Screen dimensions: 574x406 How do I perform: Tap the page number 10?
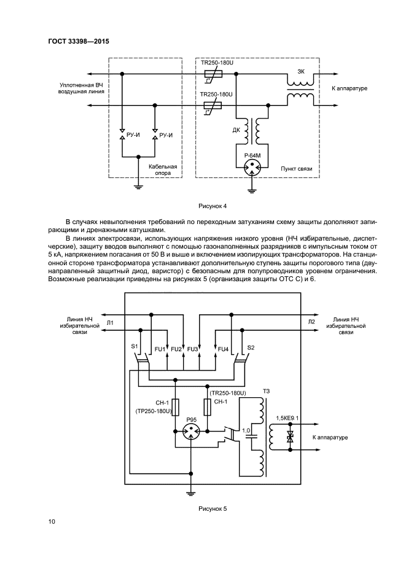[x=53, y=521]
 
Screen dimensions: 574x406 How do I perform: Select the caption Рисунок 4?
[x=212, y=205]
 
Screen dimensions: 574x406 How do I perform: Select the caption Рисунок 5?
[x=212, y=508]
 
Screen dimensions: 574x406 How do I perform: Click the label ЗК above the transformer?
[x=300, y=71]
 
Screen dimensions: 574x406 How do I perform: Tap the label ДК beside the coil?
[x=236, y=130]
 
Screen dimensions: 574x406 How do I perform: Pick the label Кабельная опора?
[x=163, y=169]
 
